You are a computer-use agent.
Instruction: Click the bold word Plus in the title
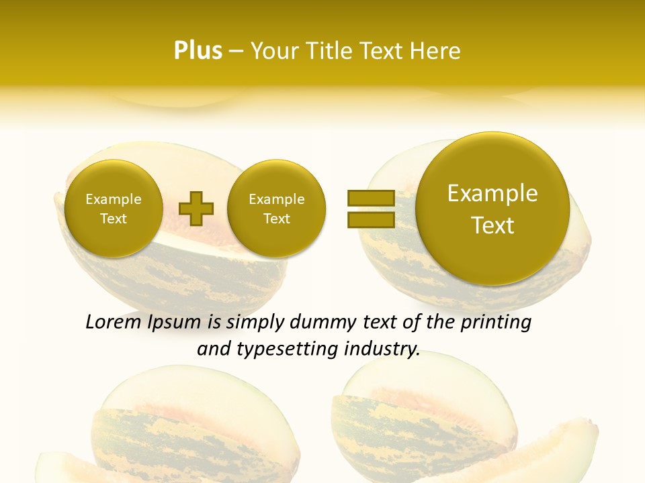(198, 51)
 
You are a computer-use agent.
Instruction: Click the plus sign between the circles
(196, 209)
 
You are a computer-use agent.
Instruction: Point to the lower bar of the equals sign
(371, 220)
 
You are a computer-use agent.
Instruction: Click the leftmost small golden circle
(114, 208)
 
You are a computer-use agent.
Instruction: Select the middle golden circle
(276, 208)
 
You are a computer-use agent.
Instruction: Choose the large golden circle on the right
(492, 208)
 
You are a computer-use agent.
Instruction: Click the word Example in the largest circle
(492, 193)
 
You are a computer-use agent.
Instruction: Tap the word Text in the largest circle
(492, 225)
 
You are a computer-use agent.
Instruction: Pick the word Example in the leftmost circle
(114, 199)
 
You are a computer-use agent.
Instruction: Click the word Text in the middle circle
(276, 219)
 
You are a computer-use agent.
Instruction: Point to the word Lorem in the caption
(113, 323)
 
